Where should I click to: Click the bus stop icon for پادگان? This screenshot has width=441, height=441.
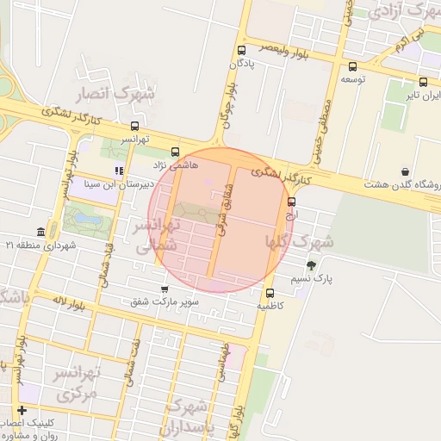point(241,50)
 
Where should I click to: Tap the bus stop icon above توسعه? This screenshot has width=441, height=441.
point(352,66)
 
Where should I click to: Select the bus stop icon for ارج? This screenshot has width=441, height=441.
point(291,202)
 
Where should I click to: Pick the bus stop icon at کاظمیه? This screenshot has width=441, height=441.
point(270,293)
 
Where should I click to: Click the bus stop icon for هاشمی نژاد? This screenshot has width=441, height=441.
point(176,150)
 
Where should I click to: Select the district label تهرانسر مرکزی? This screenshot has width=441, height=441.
point(78,383)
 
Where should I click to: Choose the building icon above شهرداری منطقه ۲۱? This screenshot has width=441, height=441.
point(41,232)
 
